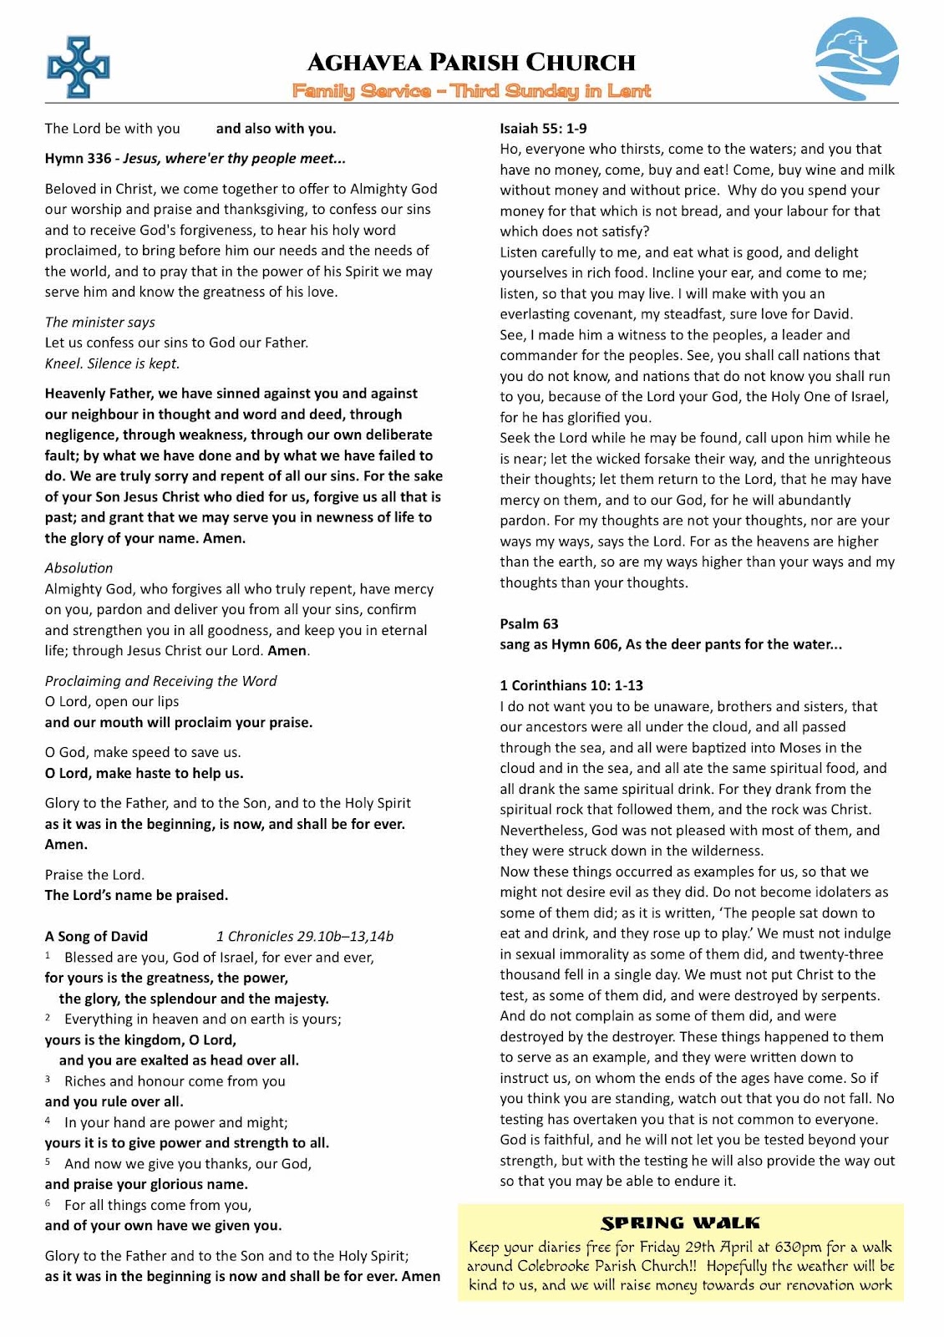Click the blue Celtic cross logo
tap(79, 67)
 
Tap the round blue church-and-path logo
tap(856, 59)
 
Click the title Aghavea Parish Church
tap(471, 63)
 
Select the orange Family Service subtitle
tap(471, 91)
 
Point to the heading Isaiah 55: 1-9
tap(543, 129)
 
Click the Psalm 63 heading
tap(529, 624)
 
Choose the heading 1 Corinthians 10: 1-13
tap(571, 686)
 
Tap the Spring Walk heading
tap(680, 1223)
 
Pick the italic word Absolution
tap(79, 568)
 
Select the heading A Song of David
tap(96, 937)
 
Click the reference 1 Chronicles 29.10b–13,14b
tap(304, 937)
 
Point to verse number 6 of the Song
tap(48, 1204)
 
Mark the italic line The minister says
tap(99, 323)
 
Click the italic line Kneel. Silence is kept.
tap(112, 363)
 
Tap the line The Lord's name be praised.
tap(136, 896)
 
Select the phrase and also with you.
tap(276, 129)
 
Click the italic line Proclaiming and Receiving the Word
tap(160, 681)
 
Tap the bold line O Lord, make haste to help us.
tap(144, 774)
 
